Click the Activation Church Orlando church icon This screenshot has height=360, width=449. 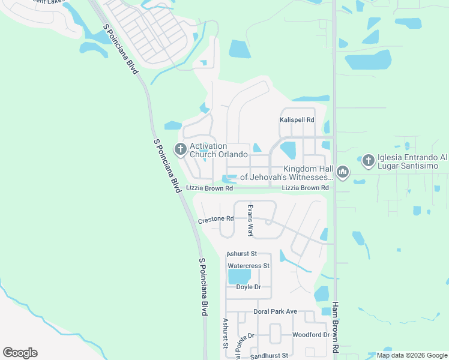coord(180,148)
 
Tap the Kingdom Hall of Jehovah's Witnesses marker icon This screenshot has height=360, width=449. coord(343,173)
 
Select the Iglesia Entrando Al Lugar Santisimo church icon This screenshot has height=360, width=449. coord(367,160)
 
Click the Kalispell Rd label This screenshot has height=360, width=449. coord(297,120)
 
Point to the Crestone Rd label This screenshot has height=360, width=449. coord(215,220)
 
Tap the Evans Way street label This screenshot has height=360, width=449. coord(251,220)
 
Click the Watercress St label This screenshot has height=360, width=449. coord(249,265)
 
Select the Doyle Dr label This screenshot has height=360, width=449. coord(249,287)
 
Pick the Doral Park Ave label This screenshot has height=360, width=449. coord(276,311)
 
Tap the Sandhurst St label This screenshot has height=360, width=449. coord(270,356)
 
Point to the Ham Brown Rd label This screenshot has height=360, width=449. coord(335,327)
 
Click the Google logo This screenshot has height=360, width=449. coord(20,353)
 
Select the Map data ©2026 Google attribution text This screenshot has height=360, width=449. coord(412,355)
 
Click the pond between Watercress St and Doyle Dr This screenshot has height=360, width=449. coord(239,277)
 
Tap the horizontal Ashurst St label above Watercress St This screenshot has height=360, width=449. coord(242,254)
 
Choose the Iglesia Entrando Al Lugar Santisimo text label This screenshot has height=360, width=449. coord(412,160)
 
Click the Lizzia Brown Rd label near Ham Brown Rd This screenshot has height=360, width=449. coord(305,188)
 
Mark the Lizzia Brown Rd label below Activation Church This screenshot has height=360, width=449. coord(209,188)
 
